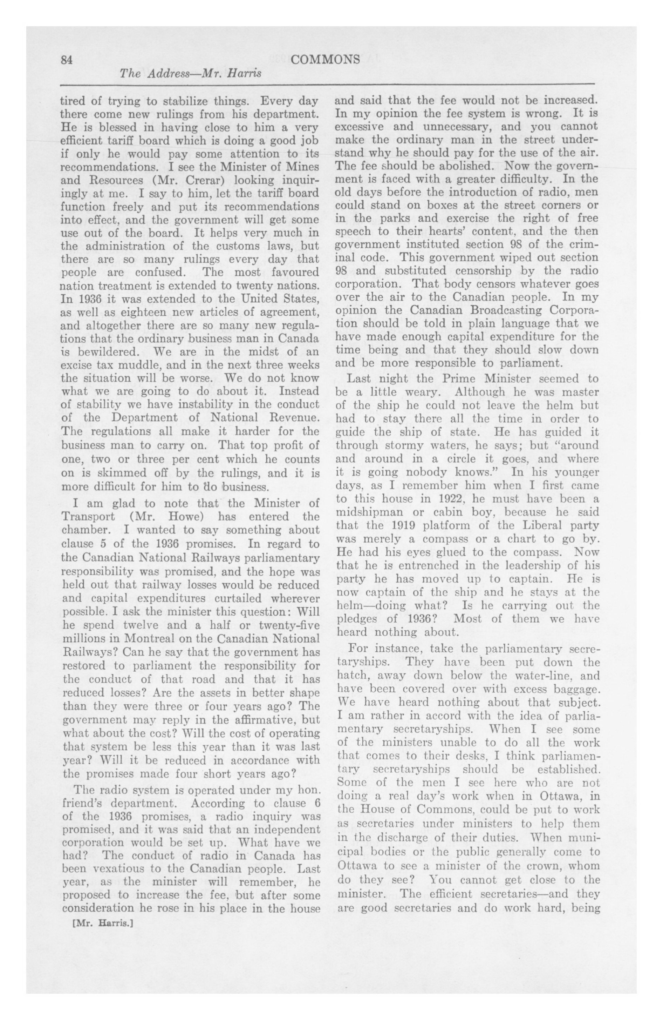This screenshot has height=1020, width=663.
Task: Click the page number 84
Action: [x=66, y=60]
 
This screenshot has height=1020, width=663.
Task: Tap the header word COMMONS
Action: [x=325, y=60]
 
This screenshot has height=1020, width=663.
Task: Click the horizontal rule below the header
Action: [x=327, y=84]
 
